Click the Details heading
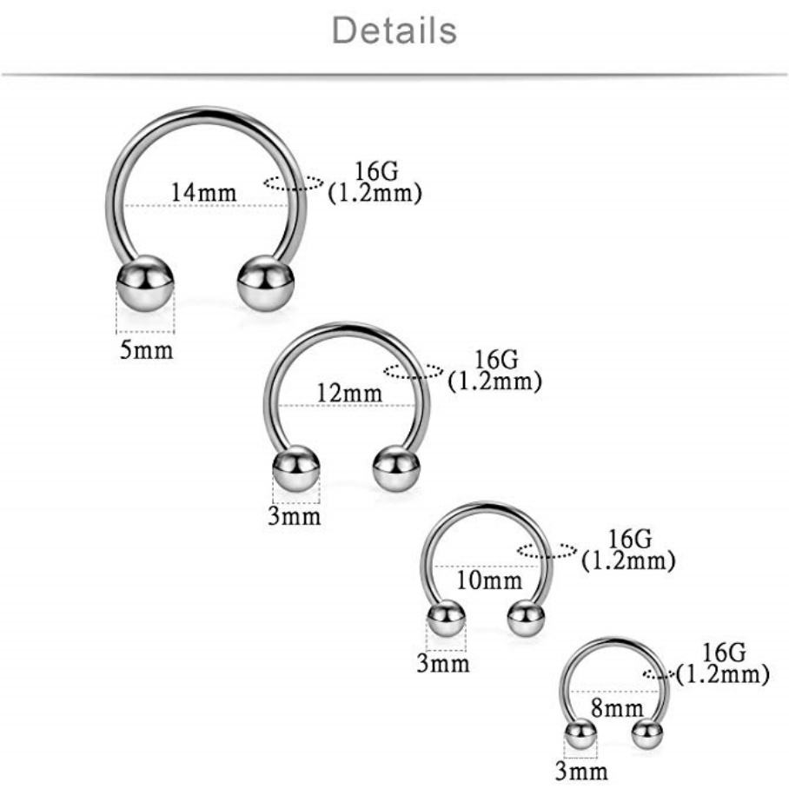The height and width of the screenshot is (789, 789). [394, 31]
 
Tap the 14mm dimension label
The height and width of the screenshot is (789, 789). [203, 192]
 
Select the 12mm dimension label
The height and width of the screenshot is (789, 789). [349, 393]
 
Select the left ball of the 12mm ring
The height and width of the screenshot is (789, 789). [297, 469]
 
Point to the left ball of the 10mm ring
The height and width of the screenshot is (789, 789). [447, 619]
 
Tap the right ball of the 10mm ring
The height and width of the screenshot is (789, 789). [526, 619]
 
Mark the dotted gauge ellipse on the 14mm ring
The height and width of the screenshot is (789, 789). [294, 182]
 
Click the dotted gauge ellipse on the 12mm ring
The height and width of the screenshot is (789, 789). [414, 372]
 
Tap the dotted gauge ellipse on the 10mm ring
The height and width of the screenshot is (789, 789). [547, 549]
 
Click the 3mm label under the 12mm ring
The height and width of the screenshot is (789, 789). [295, 516]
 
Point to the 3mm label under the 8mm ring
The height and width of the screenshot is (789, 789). [581, 771]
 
